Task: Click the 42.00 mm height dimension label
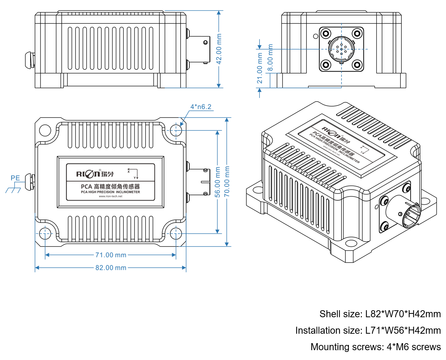point(219,49)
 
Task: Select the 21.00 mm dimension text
point(260,68)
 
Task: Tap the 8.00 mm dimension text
point(270,57)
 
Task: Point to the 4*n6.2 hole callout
point(201,107)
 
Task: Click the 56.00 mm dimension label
point(218,182)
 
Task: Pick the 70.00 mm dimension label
point(227,181)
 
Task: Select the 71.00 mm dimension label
point(111,255)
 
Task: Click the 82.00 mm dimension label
point(111,268)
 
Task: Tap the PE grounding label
point(15,178)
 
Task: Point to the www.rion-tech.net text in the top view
point(110,196)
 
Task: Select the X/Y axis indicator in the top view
point(133,174)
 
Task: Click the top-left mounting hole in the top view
point(45,130)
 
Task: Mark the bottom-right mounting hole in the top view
point(175,233)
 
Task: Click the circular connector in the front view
point(341,49)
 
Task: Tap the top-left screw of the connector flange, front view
point(326,34)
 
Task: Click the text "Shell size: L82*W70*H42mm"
point(380,314)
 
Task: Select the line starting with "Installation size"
point(368,331)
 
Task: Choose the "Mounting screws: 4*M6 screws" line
point(376,347)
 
